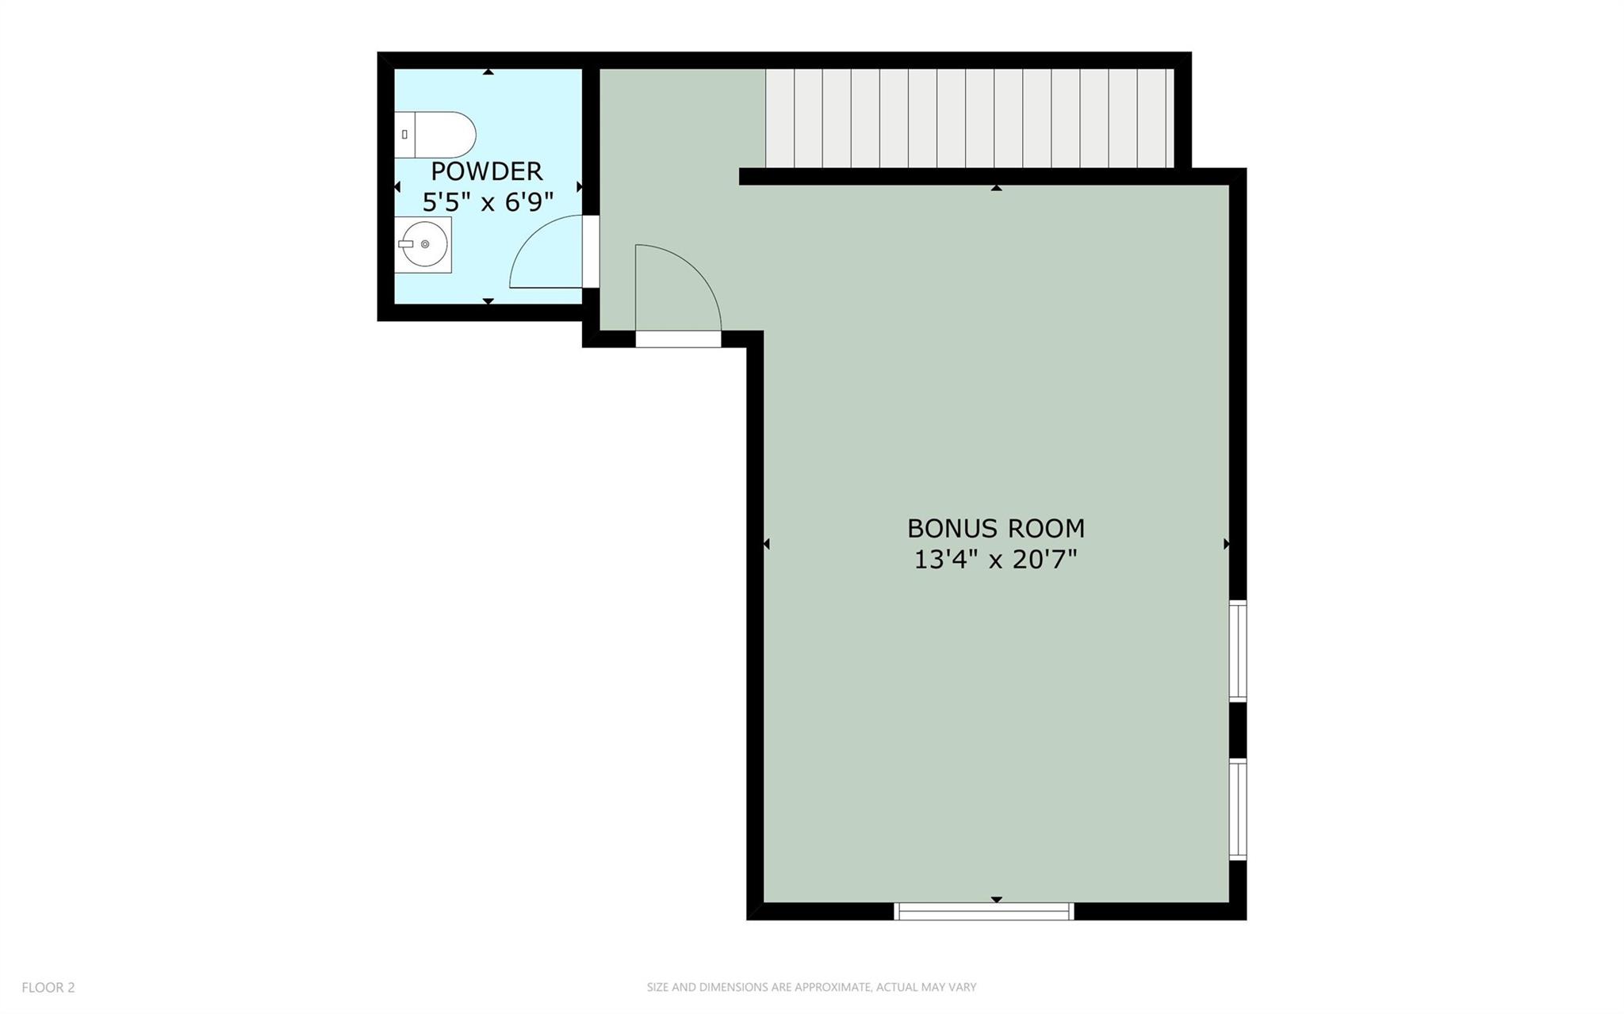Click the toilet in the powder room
(435, 135)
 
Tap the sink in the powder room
(423, 244)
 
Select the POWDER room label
(487, 171)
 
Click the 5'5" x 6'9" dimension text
(488, 202)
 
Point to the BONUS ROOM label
(996, 528)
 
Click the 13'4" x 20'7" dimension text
(996, 560)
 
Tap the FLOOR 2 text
(48, 987)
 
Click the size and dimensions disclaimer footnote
(811, 987)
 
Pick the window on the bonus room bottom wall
(984, 912)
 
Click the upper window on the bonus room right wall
(1238, 651)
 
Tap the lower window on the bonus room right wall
(1238, 809)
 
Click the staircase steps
(969, 118)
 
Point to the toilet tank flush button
(404, 135)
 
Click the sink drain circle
(425, 244)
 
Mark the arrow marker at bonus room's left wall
(767, 544)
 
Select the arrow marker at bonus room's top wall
(997, 188)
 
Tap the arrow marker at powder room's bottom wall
(488, 301)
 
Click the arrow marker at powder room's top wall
(488, 72)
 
